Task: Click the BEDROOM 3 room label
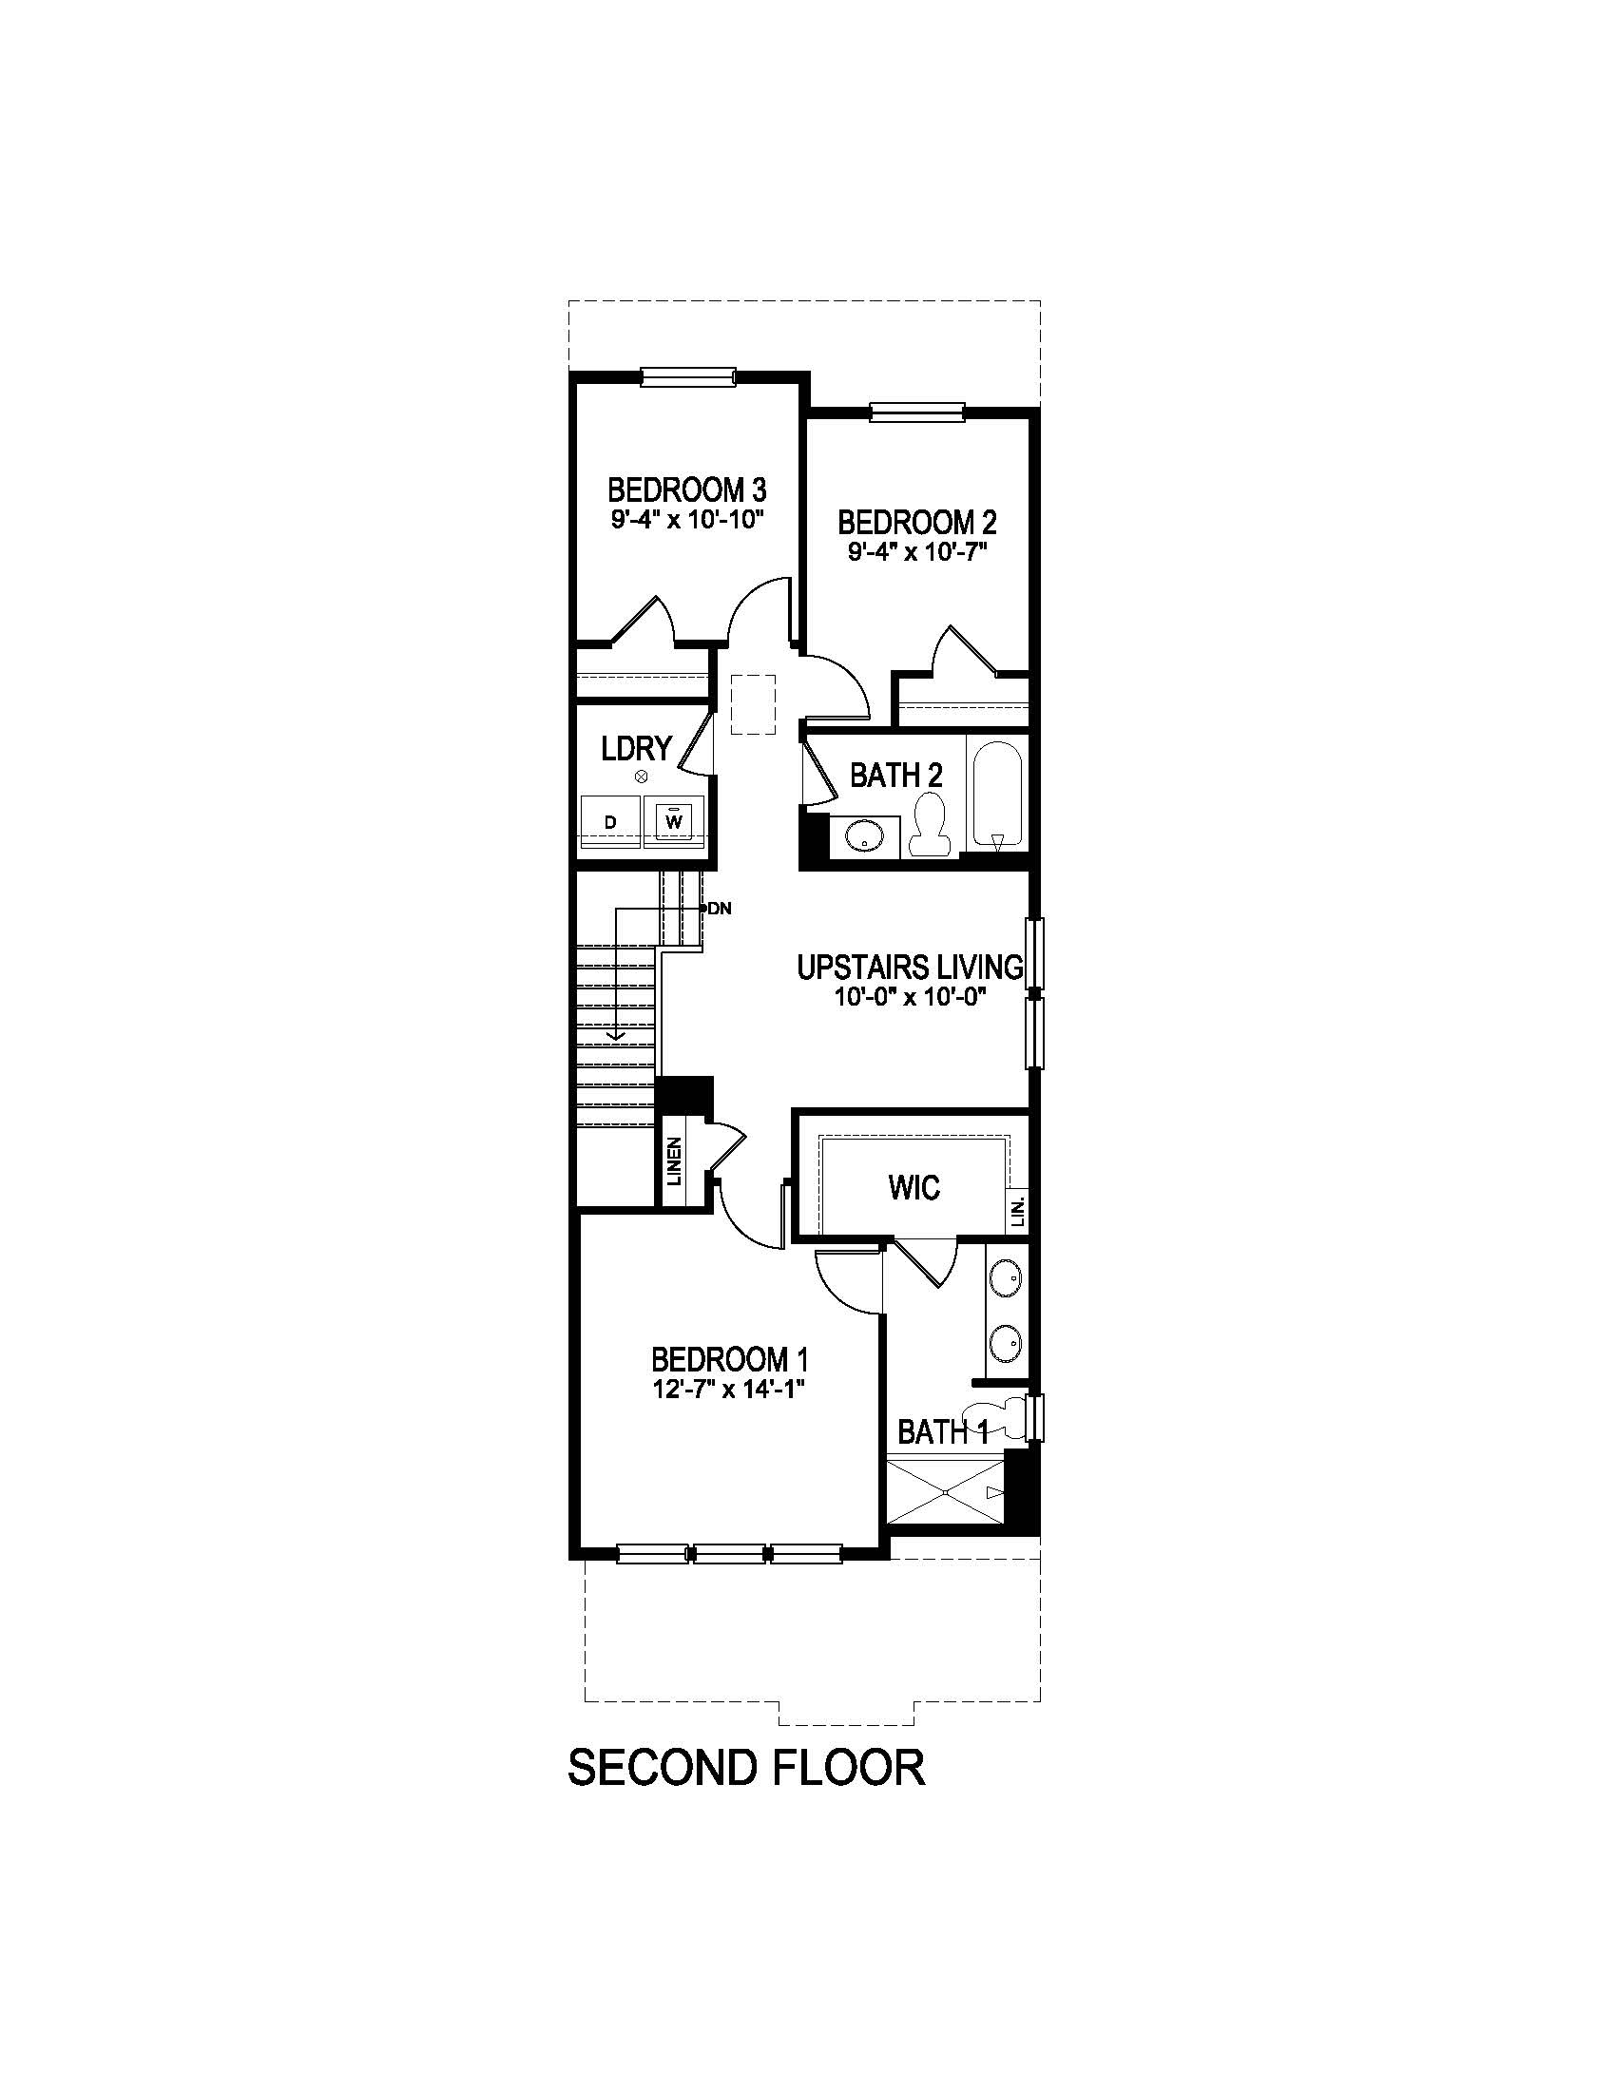[x=686, y=490]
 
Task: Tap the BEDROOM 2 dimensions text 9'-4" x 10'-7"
[x=916, y=551]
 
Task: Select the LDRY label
[x=636, y=749]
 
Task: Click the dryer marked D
[x=610, y=822]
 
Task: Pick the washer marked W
[x=674, y=820]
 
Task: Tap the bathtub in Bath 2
[x=997, y=794]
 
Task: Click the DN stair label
[x=719, y=909]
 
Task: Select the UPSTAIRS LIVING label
[x=910, y=967]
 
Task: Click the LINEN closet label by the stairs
[x=674, y=1161]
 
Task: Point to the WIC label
[x=914, y=1188]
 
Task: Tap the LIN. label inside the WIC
[x=1019, y=1210]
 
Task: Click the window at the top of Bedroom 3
[x=687, y=376]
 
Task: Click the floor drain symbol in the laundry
[x=642, y=777]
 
